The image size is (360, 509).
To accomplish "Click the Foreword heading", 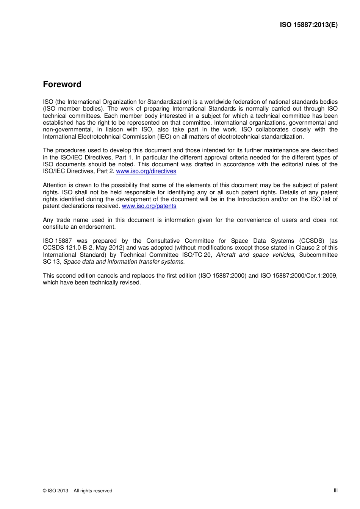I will click(x=62, y=84).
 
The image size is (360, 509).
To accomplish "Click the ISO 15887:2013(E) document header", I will click(x=308, y=25).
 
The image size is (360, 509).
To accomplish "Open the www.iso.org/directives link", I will click(x=146, y=171).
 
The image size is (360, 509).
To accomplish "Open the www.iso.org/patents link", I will click(x=149, y=206).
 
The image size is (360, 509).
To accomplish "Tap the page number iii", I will click(x=335, y=490).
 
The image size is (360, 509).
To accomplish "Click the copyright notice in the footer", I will click(x=78, y=491).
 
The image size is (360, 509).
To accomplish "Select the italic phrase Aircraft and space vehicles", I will click(x=255, y=255).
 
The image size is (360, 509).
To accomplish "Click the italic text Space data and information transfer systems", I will click(x=124, y=262).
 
